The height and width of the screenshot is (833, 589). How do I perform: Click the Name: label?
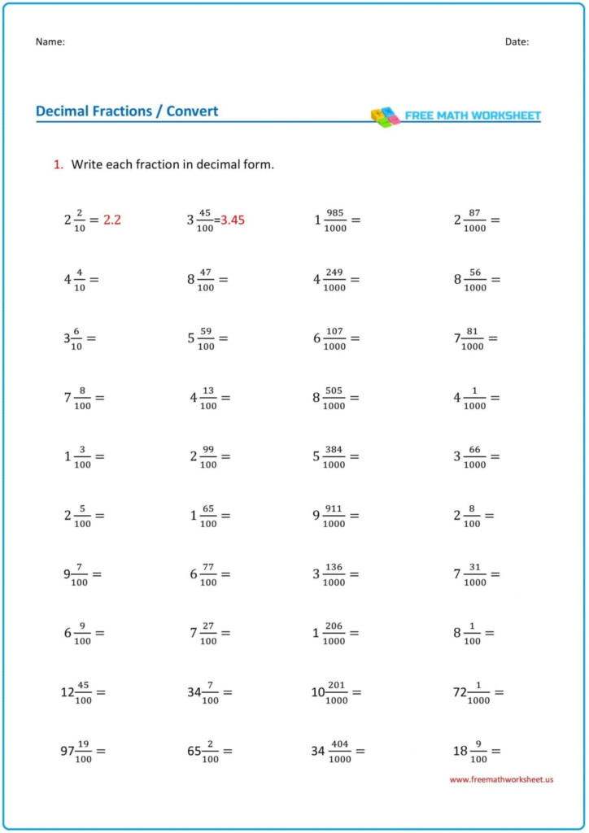tap(50, 41)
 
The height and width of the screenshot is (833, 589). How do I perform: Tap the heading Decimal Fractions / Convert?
tap(127, 111)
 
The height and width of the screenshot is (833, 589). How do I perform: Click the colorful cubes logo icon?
tap(385, 116)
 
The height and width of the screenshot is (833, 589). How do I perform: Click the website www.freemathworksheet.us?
tap(501, 779)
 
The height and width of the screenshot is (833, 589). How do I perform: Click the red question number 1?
tap(59, 164)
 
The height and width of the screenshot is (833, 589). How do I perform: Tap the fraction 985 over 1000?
tap(335, 220)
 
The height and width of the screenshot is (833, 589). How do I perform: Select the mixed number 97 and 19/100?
tap(76, 751)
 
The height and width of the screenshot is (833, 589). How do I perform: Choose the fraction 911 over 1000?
tap(334, 516)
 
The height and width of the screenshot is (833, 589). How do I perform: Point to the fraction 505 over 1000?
tap(334, 398)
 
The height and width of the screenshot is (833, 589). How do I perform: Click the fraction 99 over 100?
tap(208, 456)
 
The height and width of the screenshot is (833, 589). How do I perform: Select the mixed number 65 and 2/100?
tap(203, 751)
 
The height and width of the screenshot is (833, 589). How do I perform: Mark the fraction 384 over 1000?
tap(334, 456)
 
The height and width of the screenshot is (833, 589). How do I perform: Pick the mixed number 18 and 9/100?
tap(469, 751)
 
